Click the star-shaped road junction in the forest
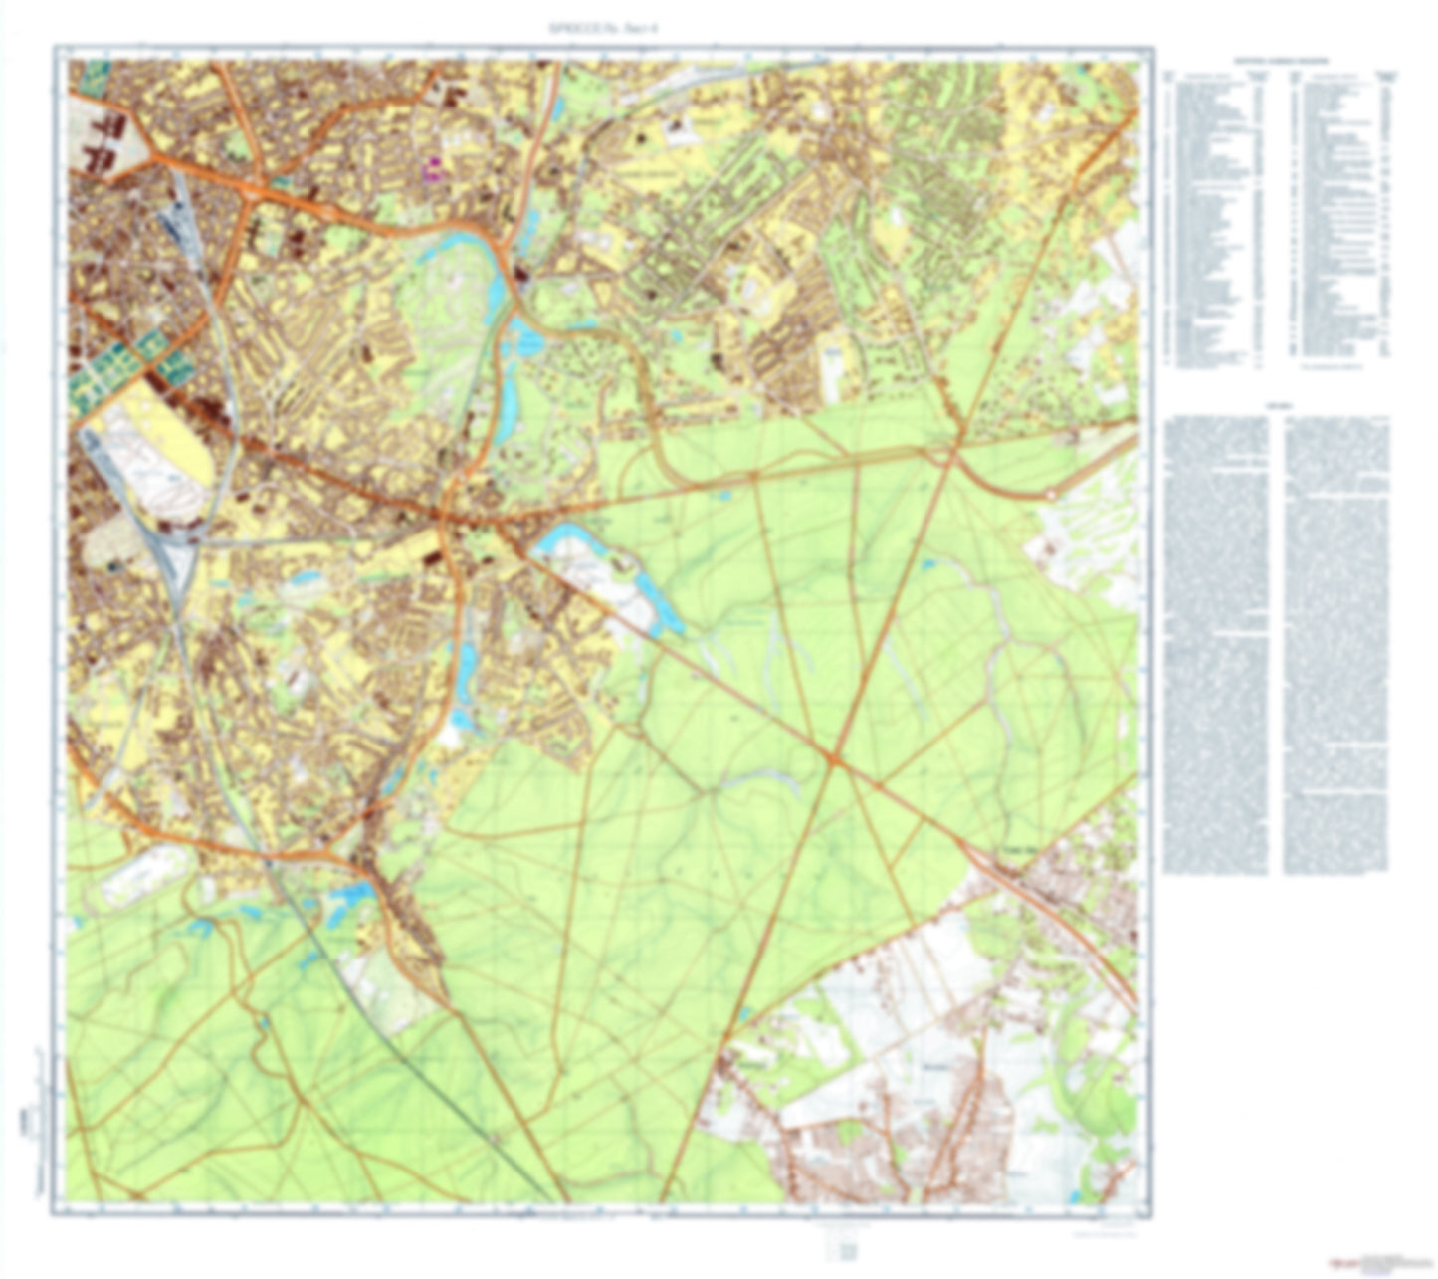click(x=835, y=760)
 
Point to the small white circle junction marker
click(x=1052, y=494)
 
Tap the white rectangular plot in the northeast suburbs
click(x=832, y=364)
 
